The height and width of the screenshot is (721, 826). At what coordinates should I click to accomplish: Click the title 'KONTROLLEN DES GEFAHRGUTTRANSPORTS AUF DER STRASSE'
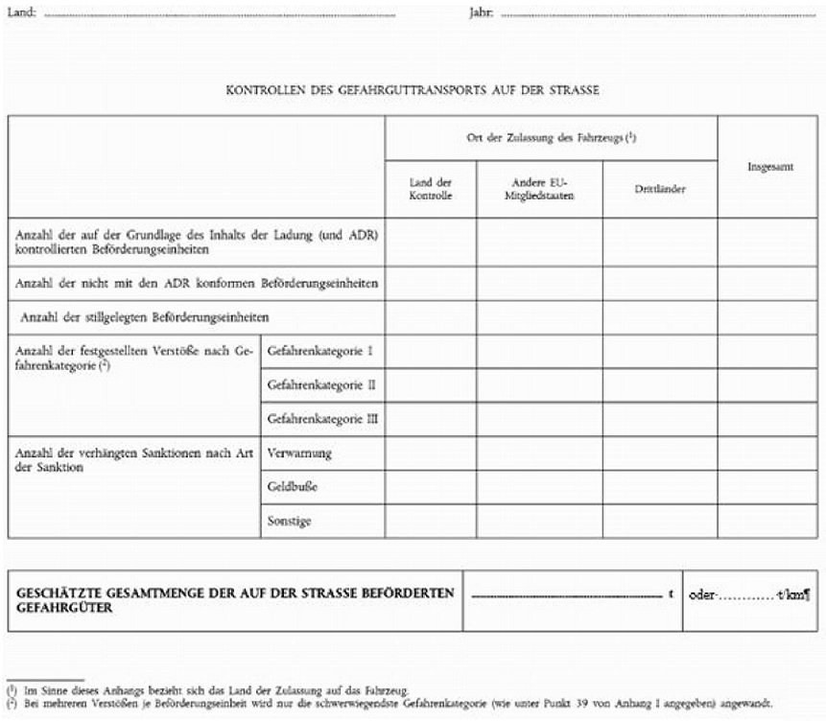click(x=413, y=91)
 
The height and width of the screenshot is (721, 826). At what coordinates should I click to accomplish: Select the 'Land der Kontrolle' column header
click(x=430, y=189)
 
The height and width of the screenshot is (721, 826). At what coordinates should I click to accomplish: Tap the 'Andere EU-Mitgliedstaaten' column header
click(x=539, y=189)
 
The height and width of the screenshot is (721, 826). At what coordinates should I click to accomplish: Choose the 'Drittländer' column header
click(x=659, y=189)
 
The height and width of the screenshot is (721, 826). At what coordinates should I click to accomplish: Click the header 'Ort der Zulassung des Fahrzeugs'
click(x=551, y=138)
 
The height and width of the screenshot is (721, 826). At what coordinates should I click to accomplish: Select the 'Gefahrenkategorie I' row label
click(x=319, y=351)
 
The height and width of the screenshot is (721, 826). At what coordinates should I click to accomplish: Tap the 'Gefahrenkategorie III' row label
click(x=323, y=419)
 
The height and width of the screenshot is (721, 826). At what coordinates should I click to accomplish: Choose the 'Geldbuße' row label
click(x=293, y=487)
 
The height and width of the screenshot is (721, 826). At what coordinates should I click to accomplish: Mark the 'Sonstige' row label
click(x=290, y=521)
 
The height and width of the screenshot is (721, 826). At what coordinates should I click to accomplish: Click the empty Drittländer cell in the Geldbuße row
click(x=659, y=487)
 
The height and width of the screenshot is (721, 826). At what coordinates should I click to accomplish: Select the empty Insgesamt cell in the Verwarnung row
click(x=769, y=453)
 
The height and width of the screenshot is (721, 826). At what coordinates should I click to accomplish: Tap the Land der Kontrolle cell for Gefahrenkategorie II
click(x=430, y=384)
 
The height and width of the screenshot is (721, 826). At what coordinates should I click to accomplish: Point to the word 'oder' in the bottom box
click(x=703, y=594)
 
